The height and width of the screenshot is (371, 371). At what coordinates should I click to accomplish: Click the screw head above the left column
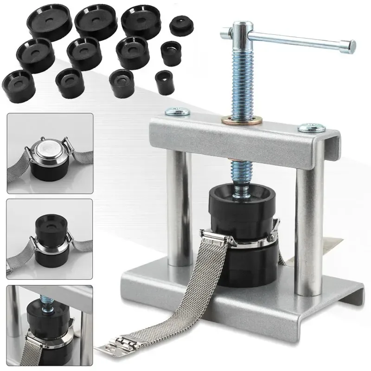click(177, 111)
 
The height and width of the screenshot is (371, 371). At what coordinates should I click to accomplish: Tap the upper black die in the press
click(240, 204)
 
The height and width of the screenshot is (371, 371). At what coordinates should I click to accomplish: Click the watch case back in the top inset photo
click(49, 151)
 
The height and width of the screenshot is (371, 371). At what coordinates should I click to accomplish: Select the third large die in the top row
click(140, 19)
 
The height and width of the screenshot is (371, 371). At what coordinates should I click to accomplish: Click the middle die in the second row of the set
click(84, 53)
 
